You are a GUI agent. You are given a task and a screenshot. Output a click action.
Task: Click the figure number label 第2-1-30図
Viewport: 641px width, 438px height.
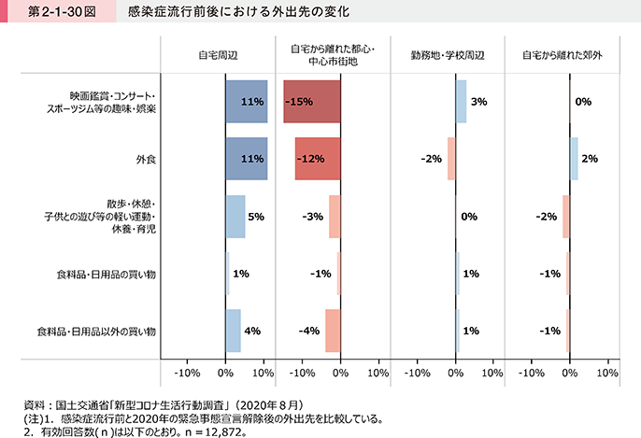[x=48, y=15]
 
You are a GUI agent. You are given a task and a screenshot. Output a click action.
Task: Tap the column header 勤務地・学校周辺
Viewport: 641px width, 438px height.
[x=448, y=55]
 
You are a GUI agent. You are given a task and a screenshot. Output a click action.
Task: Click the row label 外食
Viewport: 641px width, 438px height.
[x=146, y=159]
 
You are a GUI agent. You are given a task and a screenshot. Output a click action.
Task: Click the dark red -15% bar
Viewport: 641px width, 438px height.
[x=312, y=102]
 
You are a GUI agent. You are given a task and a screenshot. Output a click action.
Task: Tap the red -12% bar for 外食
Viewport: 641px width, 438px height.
[x=318, y=159]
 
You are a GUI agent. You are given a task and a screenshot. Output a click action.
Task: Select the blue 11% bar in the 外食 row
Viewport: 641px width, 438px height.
[x=246, y=159]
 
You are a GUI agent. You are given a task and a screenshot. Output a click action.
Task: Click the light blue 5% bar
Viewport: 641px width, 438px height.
[x=235, y=217]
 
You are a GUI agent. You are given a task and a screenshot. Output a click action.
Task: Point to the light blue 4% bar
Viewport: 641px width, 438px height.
[x=233, y=331]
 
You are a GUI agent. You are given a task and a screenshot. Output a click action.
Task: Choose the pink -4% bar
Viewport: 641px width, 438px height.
[x=333, y=331]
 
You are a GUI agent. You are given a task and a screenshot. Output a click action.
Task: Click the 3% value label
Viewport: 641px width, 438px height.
[x=475, y=102]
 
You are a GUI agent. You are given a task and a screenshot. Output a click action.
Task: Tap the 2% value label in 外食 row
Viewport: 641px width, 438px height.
[x=590, y=159]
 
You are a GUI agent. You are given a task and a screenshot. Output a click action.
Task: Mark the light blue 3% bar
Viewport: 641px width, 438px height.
[x=461, y=102]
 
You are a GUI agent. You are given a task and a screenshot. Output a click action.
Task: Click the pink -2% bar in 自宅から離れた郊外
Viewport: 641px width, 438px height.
[x=565, y=217]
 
